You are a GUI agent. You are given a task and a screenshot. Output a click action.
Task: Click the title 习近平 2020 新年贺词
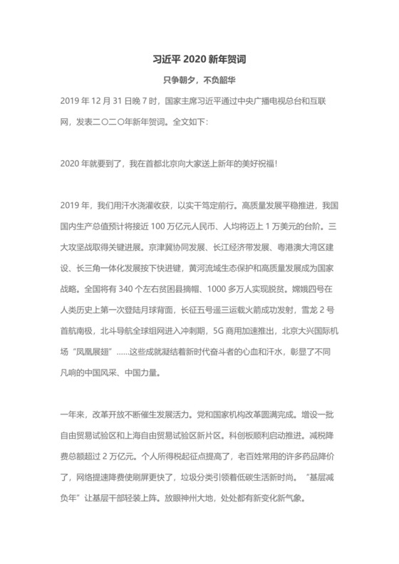pyautogui.click(x=199, y=59)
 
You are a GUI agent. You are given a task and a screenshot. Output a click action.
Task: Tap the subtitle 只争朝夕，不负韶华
pyautogui.click(x=199, y=81)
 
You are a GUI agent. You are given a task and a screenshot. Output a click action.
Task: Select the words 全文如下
pyautogui.click(x=187, y=122)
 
